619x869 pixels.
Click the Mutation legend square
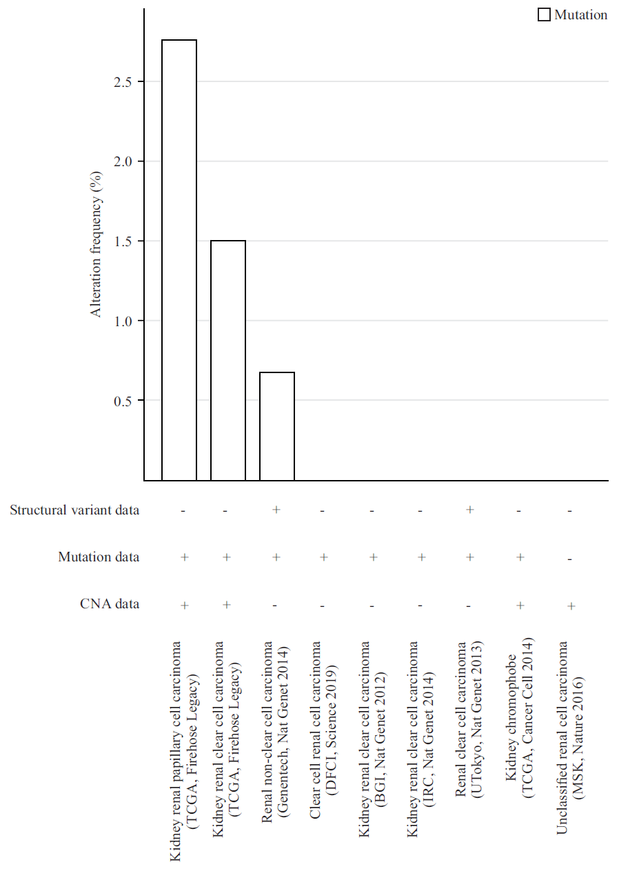pos(545,15)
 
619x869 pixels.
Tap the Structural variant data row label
pos(74,510)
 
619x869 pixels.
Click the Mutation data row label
pos(99,557)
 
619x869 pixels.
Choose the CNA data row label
pos(110,604)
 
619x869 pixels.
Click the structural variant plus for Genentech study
pos(276,510)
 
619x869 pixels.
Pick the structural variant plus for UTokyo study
pos(470,510)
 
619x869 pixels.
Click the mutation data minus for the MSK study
pos(570,559)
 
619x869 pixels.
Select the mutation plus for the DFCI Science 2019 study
pos(323,557)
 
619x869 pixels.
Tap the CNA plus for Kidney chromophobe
pos(520,605)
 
